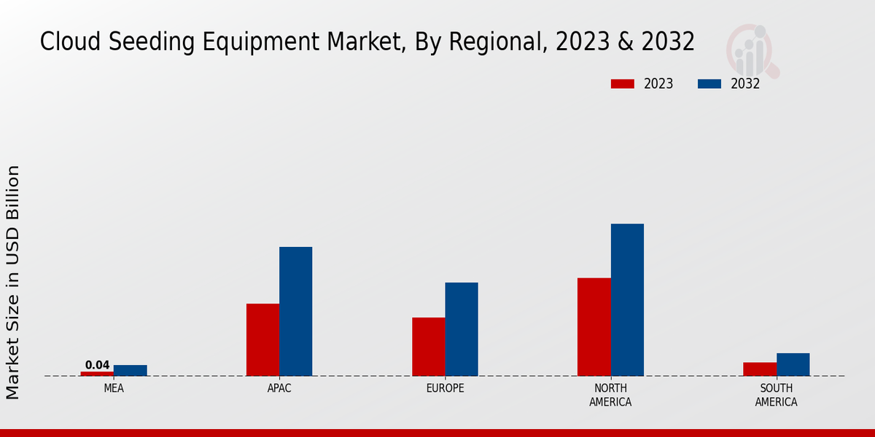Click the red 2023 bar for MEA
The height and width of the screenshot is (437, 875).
click(x=97, y=374)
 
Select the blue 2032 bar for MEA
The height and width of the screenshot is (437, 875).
click(x=130, y=370)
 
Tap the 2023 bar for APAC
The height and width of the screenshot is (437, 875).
click(x=262, y=339)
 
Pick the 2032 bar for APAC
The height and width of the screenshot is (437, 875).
click(x=295, y=311)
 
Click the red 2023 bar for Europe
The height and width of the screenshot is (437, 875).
click(x=428, y=347)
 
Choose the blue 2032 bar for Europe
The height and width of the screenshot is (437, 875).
click(x=462, y=329)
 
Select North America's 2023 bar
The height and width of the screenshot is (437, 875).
click(x=594, y=327)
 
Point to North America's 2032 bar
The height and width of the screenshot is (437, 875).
click(x=627, y=299)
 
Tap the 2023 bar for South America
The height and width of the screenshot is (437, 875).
click(x=759, y=369)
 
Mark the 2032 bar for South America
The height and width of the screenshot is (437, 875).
click(x=793, y=364)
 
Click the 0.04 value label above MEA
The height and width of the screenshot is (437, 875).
click(x=97, y=365)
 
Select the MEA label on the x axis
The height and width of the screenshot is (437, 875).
click(x=114, y=388)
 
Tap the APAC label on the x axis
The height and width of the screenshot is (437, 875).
click(x=279, y=388)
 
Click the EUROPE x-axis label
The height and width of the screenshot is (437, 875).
click(x=445, y=388)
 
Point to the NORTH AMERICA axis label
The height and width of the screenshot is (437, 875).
click(x=610, y=395)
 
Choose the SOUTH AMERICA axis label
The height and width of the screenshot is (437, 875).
click(x=776, y=395)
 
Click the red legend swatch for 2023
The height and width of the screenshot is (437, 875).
click(x=623, y=84)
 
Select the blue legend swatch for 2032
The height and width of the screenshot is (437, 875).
click(x=709, y=84)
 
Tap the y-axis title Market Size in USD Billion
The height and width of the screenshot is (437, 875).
click(x=13, y=282)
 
